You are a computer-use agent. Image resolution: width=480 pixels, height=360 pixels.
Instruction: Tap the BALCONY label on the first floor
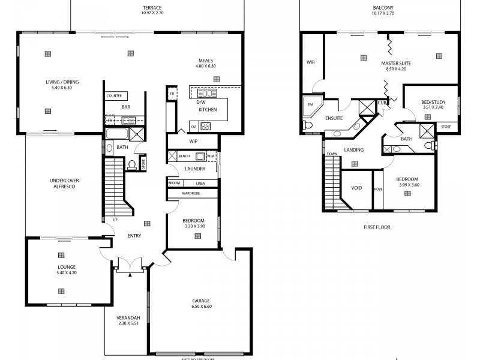click(383, 8)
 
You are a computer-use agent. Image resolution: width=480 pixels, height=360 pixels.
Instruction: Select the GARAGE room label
click(201, 301)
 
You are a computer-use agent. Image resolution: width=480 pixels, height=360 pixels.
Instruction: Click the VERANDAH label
click(128, 317)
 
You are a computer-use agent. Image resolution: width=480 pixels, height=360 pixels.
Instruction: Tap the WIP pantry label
click(193, 142)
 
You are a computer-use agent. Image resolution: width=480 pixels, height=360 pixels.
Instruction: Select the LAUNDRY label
click(196, 169)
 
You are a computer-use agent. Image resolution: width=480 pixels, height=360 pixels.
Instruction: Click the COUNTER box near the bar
click(115, 96)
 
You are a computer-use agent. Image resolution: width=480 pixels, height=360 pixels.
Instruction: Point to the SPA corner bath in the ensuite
click(311, 104)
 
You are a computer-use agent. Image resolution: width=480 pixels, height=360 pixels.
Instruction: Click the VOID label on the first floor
click(356, 188)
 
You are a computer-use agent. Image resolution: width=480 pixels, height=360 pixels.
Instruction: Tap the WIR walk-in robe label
click(310, 61)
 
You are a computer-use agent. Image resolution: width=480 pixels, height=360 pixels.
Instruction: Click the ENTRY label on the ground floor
click(134, 235)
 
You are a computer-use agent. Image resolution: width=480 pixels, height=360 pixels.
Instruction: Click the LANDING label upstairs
click(353, 149)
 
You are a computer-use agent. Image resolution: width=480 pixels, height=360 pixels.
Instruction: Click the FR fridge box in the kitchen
click(172, 95)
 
